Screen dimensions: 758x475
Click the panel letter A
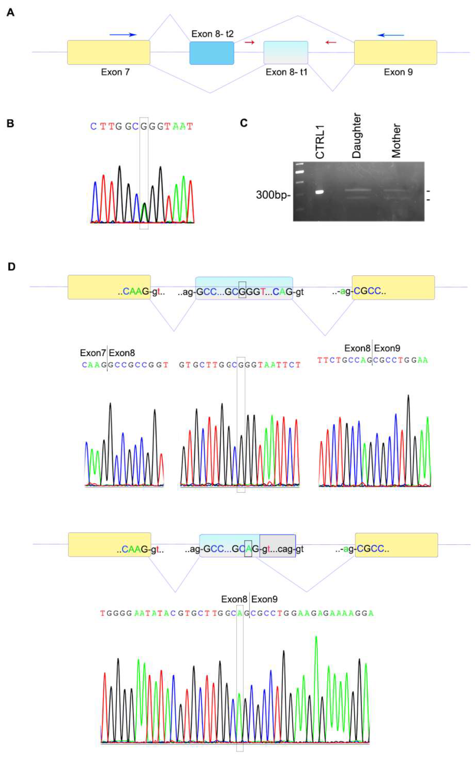tap(10, 13)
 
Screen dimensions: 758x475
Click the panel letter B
tap(10, 123)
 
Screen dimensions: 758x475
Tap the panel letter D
tap(11, 267)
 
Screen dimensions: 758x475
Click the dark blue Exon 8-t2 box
tap(212, 53)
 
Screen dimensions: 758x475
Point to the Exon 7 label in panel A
tap(115, 72)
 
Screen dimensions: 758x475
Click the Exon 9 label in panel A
tap(398, 72)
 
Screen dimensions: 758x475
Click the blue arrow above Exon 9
tap(391, 35)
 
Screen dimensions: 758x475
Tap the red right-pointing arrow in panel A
tap(250, 42)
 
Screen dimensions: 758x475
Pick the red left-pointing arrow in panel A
tap(331, 42)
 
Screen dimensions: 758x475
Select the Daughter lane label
tap(357, 136)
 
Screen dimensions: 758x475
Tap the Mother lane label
tap(396, 140)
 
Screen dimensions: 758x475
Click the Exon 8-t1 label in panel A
tap(286, 72)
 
